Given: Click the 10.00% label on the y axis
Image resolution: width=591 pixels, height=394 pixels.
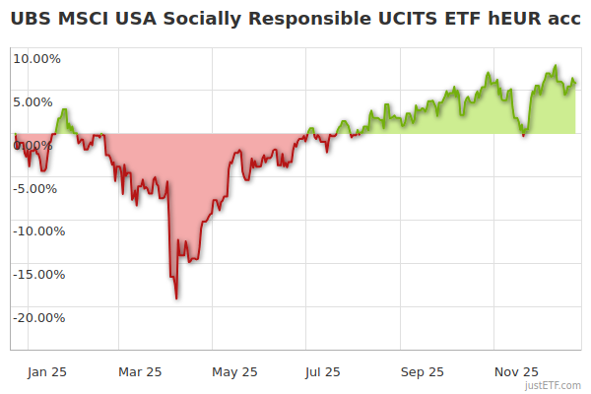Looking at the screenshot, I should point(36,58).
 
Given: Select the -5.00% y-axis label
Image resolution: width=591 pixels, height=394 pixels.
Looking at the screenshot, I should point(37,188).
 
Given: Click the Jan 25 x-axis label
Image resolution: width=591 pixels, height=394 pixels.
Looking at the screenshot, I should point(46,371).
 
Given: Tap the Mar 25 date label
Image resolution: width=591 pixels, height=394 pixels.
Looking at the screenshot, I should point(140,371).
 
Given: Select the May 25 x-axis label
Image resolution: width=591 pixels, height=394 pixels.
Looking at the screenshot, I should point(234,371).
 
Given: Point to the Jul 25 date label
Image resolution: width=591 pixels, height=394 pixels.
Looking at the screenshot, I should point(322,371).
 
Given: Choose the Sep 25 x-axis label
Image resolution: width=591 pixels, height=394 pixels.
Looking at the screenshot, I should point(422,371).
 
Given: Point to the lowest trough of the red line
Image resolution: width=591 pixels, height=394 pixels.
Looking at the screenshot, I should point(176,297).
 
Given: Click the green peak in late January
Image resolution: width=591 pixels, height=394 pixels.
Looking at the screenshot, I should point(64,109).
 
